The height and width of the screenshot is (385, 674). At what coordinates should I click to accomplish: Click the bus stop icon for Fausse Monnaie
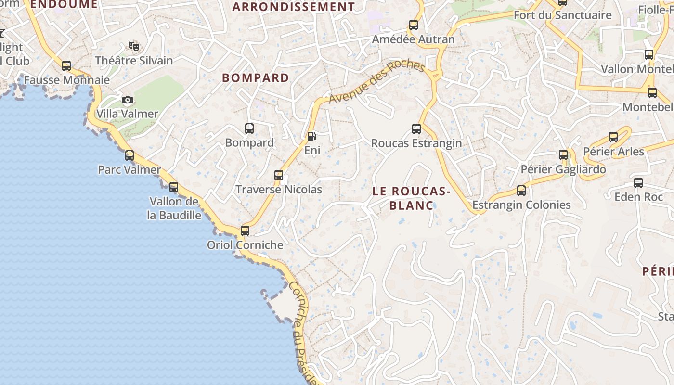pos(66,66)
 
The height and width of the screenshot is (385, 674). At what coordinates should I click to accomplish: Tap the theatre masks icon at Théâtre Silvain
pos(133,46)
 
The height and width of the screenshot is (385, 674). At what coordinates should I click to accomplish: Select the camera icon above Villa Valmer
pos(128,100)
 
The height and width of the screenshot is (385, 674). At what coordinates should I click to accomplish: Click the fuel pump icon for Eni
pos(311,136)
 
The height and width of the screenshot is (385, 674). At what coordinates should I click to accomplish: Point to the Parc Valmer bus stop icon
pos(130,155)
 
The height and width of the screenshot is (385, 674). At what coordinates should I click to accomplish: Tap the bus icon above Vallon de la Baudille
pos(174,187)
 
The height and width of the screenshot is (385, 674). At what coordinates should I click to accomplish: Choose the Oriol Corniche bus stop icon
pos(245,231)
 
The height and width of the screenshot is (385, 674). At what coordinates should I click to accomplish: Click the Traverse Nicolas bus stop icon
pos(279,175)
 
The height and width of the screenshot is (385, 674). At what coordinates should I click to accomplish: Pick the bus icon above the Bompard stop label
pos(249,128)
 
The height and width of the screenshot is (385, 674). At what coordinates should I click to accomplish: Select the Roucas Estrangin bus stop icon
pos(416,129)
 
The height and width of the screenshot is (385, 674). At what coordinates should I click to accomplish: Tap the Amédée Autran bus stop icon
pos(414,25)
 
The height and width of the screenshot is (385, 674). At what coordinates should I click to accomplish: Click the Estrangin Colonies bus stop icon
pos(521,191)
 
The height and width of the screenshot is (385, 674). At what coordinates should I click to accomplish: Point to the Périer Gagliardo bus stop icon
pos(563,155)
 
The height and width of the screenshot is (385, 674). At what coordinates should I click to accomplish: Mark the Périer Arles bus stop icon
pos(613,137)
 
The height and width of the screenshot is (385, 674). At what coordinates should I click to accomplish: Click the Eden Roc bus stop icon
pos(638,183)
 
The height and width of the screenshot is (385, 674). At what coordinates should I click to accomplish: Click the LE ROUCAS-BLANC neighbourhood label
pos(411,198)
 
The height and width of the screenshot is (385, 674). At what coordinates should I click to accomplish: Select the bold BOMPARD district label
pos(256,78)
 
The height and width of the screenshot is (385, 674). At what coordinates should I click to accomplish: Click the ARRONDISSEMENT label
pos(294,7)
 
